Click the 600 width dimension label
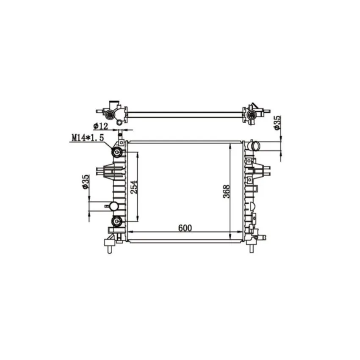(185, 228)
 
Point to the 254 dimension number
(134, 187)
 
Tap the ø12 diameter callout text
(100, 126)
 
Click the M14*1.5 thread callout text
(88, 138)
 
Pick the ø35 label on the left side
(85, 182)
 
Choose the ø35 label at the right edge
(277, 123)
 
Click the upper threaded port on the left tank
(117, 152)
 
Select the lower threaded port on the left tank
(117, 221)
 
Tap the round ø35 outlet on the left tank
(114, 206)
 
